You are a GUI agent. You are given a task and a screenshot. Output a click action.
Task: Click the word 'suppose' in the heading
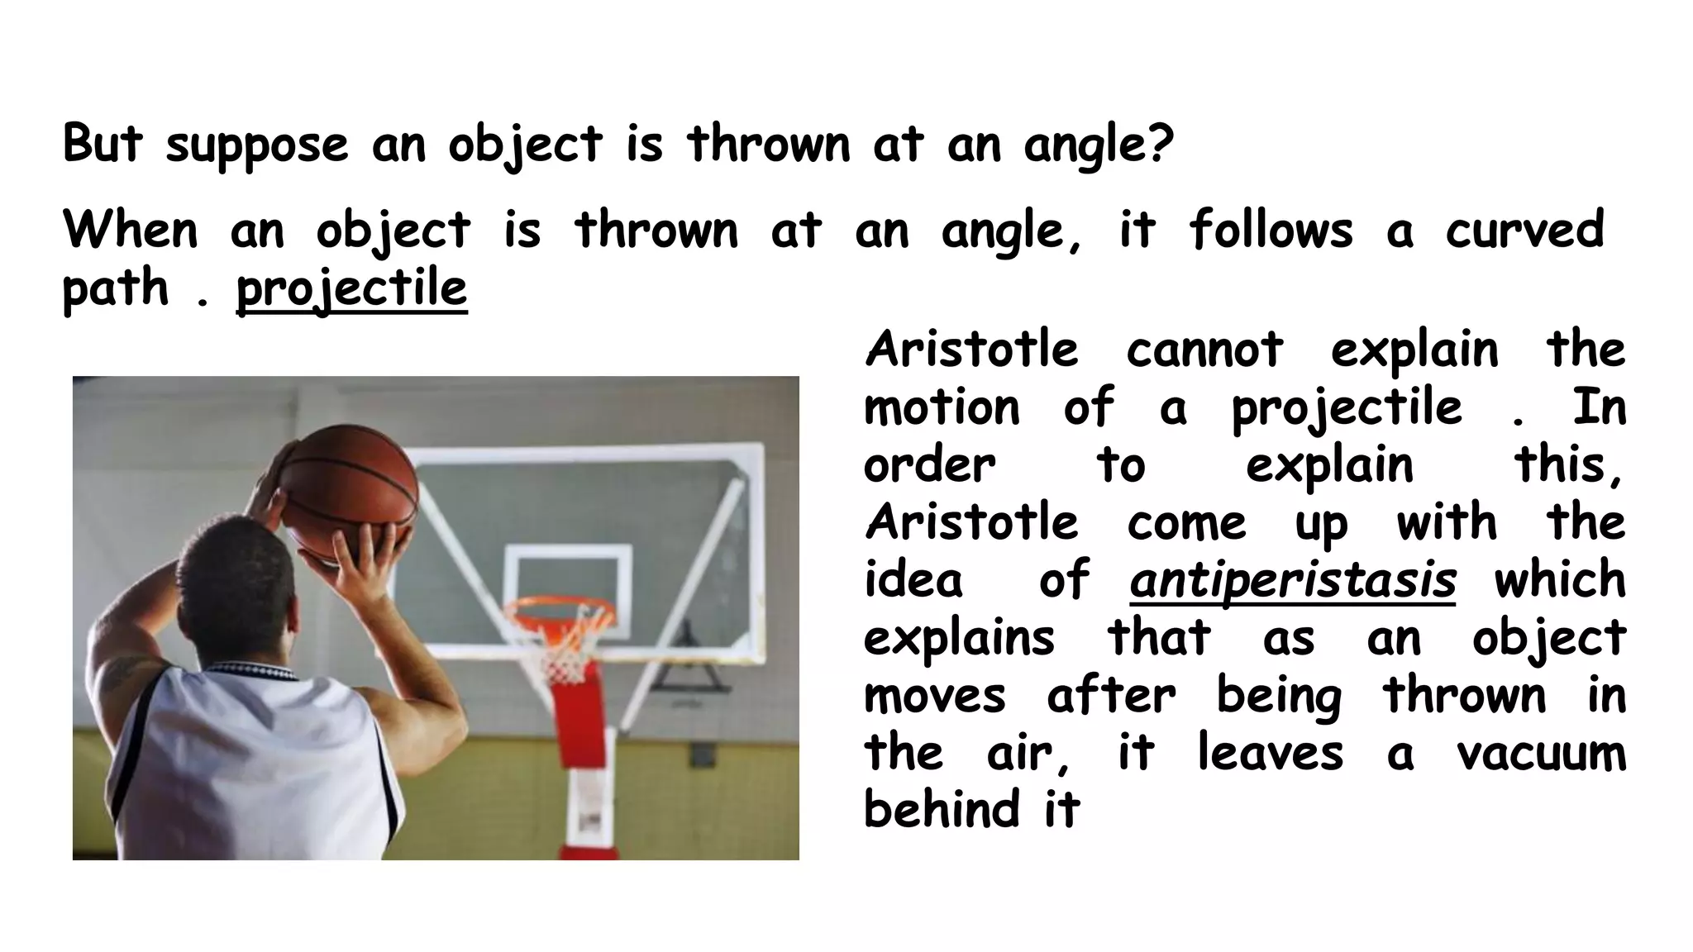pos(256,145)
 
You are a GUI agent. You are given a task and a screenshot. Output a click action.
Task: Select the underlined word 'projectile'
pos(351,289)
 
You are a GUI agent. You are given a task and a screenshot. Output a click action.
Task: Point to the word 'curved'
pos(1524,230)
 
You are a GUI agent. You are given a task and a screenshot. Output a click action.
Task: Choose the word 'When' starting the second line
pos(131,230)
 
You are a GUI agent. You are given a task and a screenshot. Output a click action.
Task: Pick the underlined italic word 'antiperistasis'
pos(1292,580)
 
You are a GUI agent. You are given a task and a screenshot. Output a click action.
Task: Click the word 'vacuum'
pos(1541,754)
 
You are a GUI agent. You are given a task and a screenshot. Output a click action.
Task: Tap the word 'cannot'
pos(1204,350)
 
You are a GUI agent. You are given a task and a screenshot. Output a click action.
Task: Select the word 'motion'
pos(942,407)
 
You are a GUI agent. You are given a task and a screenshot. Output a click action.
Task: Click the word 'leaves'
pos(1270,754)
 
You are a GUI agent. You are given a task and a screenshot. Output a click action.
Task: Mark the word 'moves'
pos(934,696)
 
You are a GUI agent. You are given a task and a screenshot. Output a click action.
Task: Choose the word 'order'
pos(929,465)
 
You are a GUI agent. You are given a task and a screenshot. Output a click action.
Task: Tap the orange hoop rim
pos(561,612)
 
